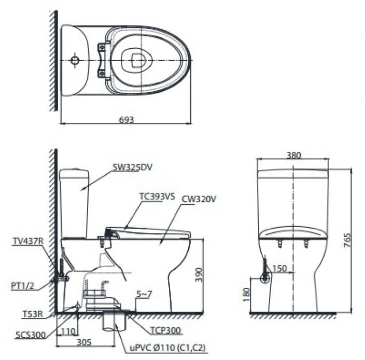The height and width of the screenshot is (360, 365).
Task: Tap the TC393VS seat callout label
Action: pyautogui.click(x=158, y=197)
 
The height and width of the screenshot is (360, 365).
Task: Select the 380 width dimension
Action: pyautogui.click(x=293, y=155)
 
